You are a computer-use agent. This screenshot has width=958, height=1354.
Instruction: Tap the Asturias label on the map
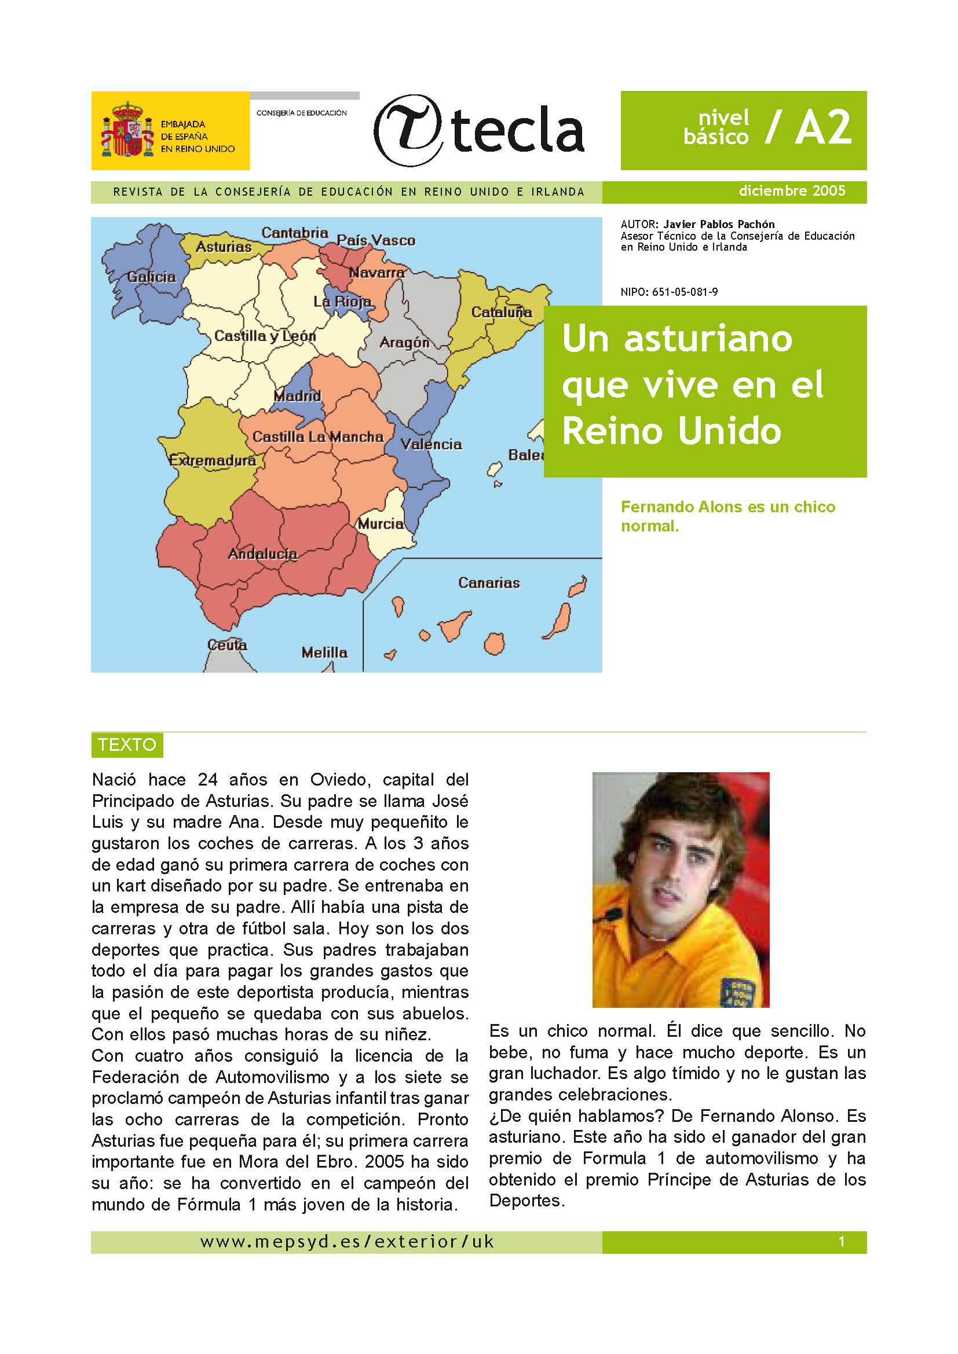tap(224, 247)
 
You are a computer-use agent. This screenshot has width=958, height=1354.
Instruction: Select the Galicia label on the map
tap(152, 277)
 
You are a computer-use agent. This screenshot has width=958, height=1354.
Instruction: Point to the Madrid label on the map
tap(297, 396)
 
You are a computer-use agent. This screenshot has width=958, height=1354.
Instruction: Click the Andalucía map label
tap(262, 554)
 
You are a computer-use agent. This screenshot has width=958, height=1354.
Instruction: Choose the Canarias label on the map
tap(489, 583)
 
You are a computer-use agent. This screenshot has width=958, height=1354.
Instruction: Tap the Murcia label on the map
tap(381, 523)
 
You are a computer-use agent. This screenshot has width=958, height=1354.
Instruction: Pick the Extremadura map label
tap(213, 460)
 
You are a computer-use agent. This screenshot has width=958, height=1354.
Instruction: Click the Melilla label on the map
tap(324, 652)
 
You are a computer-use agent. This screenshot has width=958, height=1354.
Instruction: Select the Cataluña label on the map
tap(502, 312)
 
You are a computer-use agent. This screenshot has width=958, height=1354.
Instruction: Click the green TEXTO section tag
tap(127, 745)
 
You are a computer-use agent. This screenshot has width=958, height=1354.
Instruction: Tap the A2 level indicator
tap(824, 128)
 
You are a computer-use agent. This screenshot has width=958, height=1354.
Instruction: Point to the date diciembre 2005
tap(792, 191)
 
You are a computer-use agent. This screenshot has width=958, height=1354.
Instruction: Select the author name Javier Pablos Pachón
tap(719, 224)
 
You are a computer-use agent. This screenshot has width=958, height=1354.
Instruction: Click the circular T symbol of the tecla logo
tap(409, 130)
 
